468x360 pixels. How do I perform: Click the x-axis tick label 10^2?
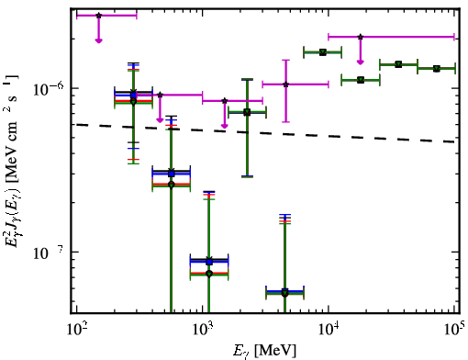coord(76,329)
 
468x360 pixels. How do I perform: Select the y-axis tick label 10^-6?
coord(49,89)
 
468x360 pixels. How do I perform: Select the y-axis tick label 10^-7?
coord(49,253)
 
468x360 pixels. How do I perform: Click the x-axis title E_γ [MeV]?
coord(264,350)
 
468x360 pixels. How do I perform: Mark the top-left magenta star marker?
coord(98,16)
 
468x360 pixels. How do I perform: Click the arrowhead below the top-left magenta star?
coord(98,40)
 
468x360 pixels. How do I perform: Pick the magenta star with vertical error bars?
coord(285,84)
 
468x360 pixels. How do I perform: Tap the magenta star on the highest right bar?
coord(361,37)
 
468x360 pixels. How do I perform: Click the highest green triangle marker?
coord(323,52)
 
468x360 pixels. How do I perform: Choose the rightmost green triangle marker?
coord(437,69)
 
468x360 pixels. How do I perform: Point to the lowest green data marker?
coord(285,294)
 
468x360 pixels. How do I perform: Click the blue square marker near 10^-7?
coord(209,262)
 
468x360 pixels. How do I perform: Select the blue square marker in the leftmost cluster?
coord(133,96)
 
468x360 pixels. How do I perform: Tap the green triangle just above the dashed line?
coord(247,112)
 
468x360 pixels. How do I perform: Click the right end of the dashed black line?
coord(455,142)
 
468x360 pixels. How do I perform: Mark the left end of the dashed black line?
coord(76,124)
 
